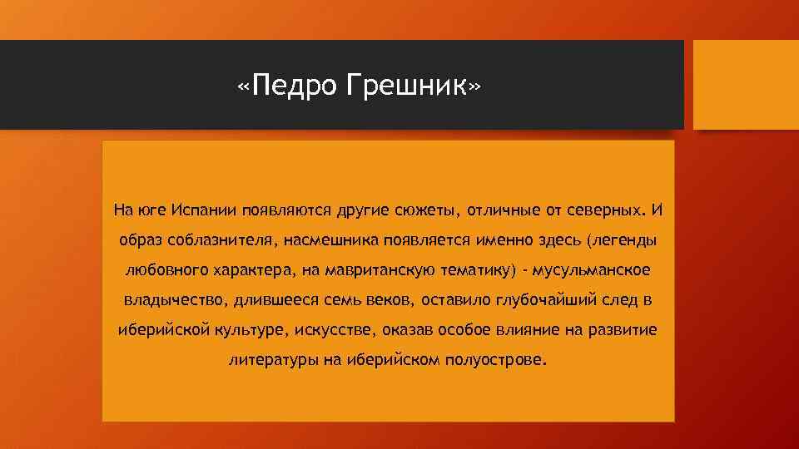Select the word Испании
click(205, 209)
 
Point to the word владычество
click(166, 300)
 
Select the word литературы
click(268, 361)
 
